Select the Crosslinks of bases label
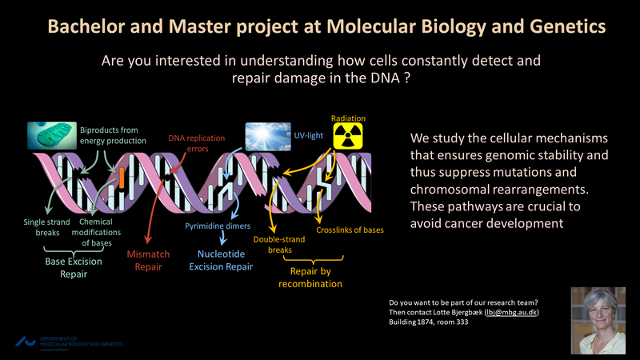(x=350, y=230)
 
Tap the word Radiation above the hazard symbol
(x=348, y=118)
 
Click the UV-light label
(x=308, y=136)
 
